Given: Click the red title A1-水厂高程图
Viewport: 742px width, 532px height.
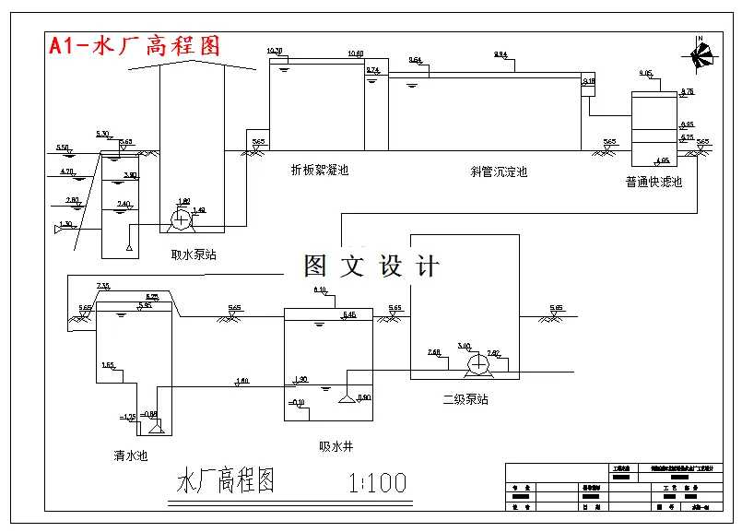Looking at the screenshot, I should [x=135, y=46].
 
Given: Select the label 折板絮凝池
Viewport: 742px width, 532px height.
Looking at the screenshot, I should [x=319, y=170].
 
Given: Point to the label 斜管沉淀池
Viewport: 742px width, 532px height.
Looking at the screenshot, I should [x=498, y=171].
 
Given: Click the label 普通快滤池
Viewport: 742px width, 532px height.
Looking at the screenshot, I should [x=654, y=183].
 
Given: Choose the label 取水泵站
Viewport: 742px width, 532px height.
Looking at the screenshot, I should [x=194, y=254].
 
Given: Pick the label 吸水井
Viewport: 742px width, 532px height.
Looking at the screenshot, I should [x=336, y=446].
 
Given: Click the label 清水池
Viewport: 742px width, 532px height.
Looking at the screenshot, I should [x=130, y=455].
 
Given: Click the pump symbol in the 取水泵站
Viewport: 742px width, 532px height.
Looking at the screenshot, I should [x=182, y=219].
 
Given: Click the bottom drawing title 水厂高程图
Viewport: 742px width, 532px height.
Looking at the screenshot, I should [x=226, y=482].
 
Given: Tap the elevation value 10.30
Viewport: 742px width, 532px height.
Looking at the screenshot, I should [x=274, y=51].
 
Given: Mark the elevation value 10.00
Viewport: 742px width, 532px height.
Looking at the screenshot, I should [x=355, y=53].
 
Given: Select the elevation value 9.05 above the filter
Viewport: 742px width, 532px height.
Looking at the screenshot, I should [x=645, y=73].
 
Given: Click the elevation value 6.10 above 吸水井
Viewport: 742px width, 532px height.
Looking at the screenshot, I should [x=320, y=290].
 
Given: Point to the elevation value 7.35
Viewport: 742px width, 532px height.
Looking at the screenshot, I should [x=103, y=286].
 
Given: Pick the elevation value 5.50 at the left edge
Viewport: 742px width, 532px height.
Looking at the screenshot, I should [x=63, y=148].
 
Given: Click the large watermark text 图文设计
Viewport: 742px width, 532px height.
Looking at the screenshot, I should [x=371, y=266].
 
